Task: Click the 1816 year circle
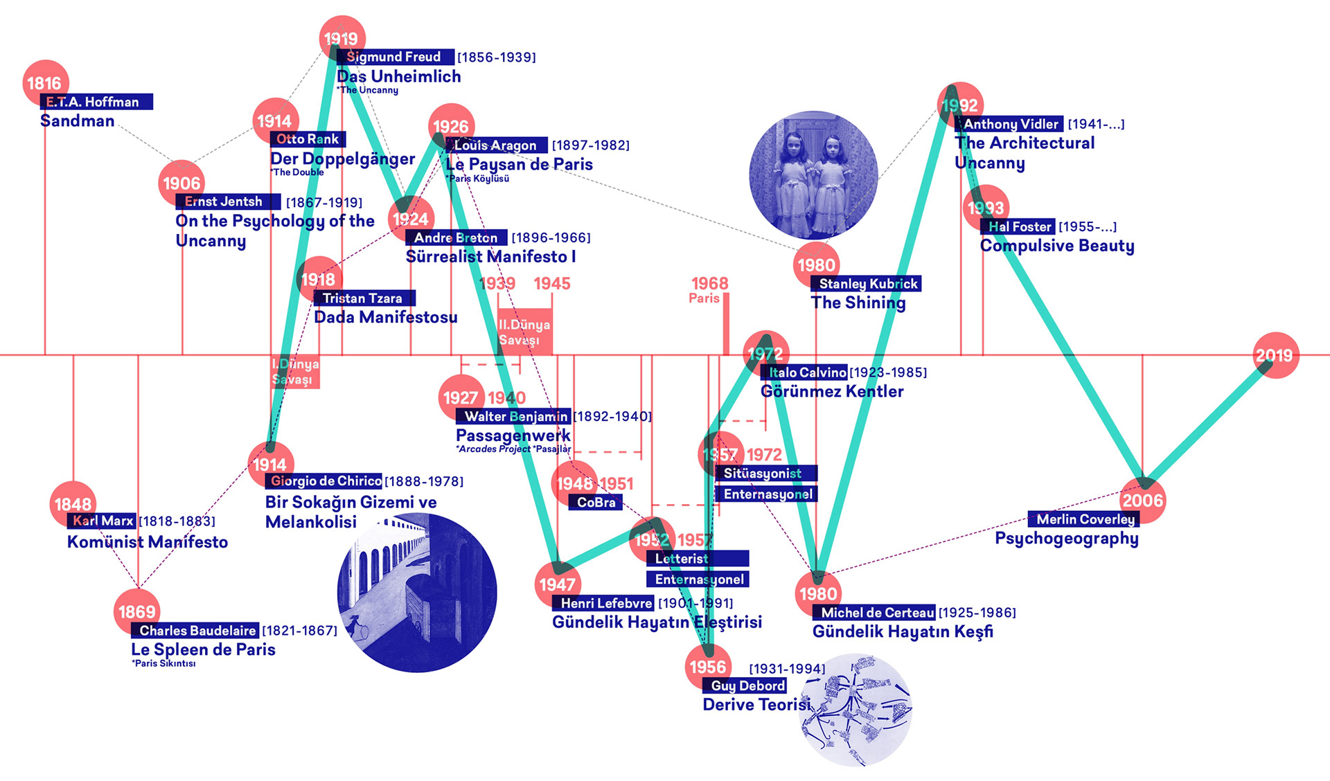point(45,83)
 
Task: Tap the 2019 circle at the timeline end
point(1275,355)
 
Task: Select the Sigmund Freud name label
point(395,57)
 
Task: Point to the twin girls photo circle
point(813,175)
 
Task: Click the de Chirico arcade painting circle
point(416,593)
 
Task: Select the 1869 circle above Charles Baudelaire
point(136,611)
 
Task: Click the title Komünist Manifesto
point(148,541)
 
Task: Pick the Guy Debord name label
point(745,685)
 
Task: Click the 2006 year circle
point(1143,500)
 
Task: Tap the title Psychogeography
point(1067,538)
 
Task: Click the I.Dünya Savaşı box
point(296,372)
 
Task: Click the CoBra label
point(596,502)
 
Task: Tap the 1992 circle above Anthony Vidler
point(960,105)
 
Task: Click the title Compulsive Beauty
point(1057,246)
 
